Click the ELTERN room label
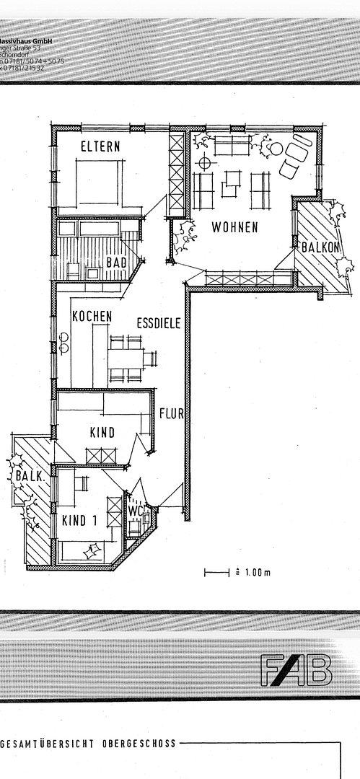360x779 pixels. tap(100, 146)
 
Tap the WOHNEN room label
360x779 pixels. tap(234, 228)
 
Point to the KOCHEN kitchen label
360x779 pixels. tap(92, 316)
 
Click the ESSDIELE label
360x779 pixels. tap(158, 323)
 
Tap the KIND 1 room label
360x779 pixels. tap(79, 520)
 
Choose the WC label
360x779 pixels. tap(137, 511)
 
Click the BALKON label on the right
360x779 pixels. tap(321, 247)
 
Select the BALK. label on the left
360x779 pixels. tap(27, 477)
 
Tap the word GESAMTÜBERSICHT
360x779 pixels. tap(47, 742)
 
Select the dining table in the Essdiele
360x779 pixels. tap(126, 358)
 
